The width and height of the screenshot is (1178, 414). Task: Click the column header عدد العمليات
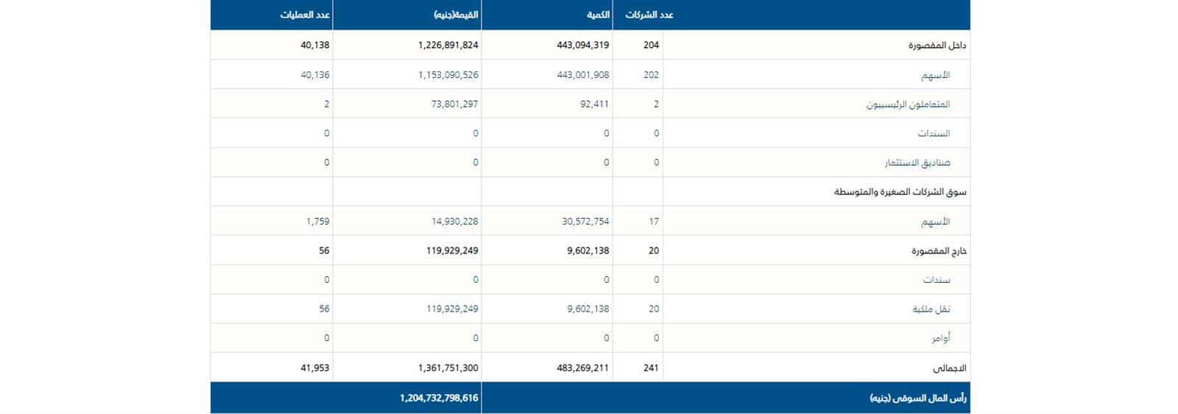(x=305, y=15)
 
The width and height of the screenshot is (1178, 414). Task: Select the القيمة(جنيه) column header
(x=456, y=15)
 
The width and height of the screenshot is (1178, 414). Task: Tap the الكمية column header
(x=598, y=15)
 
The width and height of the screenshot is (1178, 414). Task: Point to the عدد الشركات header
(x=649, y=15)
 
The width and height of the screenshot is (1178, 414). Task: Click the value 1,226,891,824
(x=448, y=45)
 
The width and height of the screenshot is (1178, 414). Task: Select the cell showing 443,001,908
(x=582, y=74)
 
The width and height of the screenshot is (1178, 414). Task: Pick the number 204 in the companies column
(x=651, y=45)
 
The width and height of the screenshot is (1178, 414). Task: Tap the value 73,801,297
(x=454, y=104)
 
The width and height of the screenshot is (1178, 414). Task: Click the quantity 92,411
(x=594, y=104)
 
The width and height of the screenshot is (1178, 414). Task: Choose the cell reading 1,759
(x=317, y=221)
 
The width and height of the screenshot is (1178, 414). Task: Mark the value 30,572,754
(x=585, y=221)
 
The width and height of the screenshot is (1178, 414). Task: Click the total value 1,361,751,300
(x=448, y=368)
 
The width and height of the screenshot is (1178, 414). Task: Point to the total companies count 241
(x=651, y=368)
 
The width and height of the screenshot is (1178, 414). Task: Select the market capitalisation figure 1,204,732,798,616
(x=439, y=398)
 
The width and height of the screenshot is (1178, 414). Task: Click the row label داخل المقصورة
(x=937, y=45)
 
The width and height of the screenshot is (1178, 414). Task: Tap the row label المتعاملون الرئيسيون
(x=908, y=104)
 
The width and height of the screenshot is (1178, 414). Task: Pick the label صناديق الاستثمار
(x=917, y=162)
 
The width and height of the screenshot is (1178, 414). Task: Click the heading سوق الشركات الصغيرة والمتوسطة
(x=900, y=192)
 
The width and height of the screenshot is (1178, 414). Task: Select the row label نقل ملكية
(x=931, y=309)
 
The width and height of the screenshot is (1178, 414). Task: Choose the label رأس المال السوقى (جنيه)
(x=918, y=398)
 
